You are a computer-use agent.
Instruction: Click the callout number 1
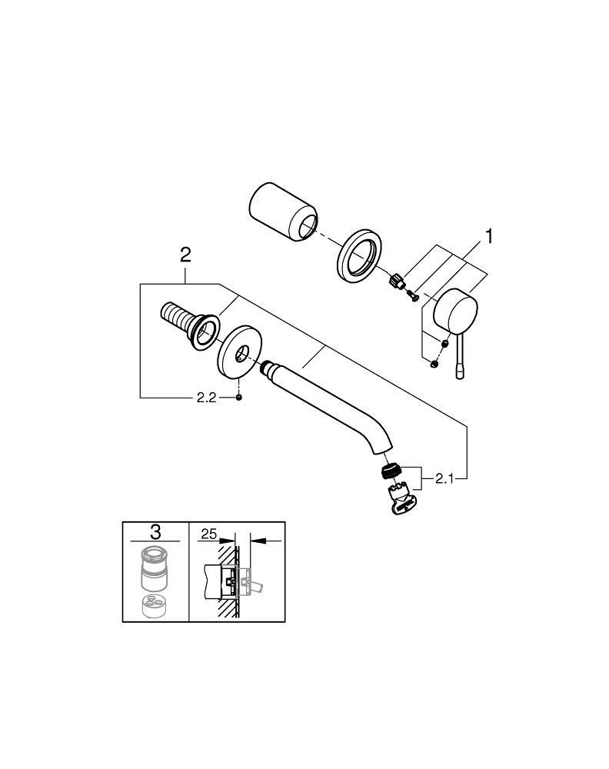(x=486, y=236)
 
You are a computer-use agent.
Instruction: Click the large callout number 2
(x=185, y=255)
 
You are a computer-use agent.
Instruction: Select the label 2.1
(x=445, y=478)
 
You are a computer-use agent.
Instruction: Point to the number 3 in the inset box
(x=155, y=531)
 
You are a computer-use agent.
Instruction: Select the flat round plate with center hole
(x=240, y=354)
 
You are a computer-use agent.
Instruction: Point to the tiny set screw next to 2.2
(x=240, y=398)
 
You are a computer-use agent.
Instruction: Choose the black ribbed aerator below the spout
(x=392, y=471)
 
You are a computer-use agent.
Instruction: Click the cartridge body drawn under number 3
(x=155, y=569)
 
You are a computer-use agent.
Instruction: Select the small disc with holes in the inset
(x=155, y=604)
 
